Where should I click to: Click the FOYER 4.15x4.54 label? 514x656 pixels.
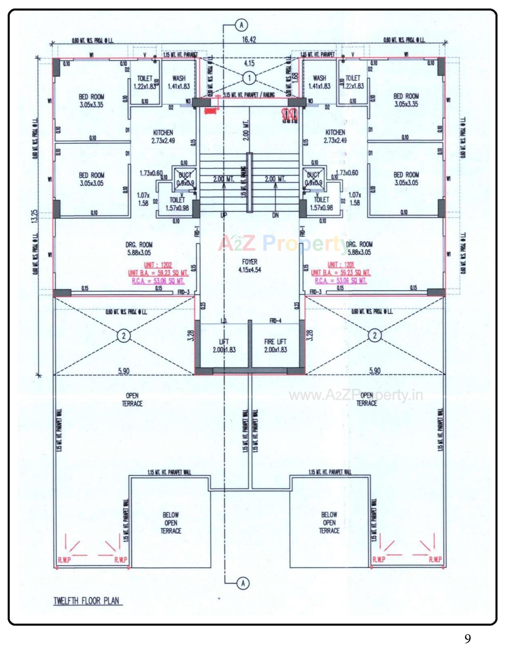point(250,266)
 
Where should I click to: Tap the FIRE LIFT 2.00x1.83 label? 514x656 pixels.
point(275,346)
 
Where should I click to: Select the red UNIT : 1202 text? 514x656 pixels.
point(158,265)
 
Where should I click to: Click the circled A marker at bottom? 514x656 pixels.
point(243,583)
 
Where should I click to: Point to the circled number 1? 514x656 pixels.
point(249,78)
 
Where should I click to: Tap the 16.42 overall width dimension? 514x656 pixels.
point(249,40)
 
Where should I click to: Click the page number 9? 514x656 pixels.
point(467,638)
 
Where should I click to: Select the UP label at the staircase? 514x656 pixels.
point(224,215)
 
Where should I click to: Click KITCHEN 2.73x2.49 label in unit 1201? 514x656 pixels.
point(335,136)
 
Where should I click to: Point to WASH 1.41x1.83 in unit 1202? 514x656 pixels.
point(179,82)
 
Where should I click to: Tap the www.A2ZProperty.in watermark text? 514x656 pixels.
point(356,395)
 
